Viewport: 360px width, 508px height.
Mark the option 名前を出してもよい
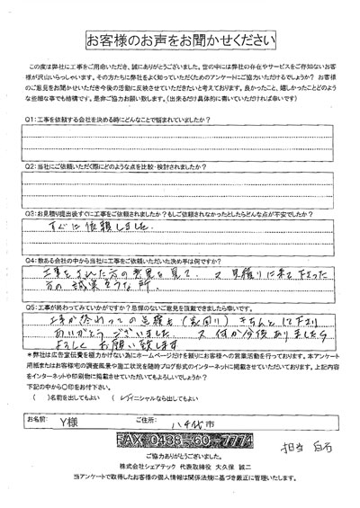pyautogui.click(x=63, y=397)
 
